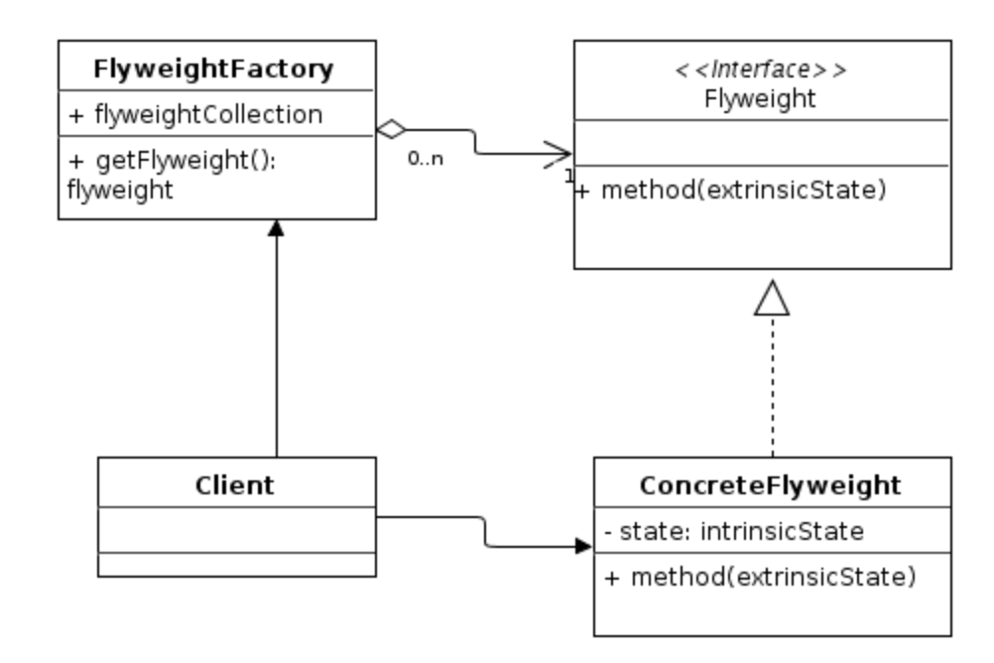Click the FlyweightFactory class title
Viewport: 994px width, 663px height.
point(213,69)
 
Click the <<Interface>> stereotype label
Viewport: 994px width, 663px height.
point(761,70)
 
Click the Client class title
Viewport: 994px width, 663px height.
point(236,485)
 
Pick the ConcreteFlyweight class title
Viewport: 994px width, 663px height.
point(770,485)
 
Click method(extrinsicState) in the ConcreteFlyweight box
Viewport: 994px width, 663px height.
point(759,576)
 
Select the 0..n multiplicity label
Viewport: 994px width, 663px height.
point(425,158)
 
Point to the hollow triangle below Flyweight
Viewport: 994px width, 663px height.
point(772,297)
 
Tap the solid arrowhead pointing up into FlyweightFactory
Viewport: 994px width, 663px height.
point(277,227)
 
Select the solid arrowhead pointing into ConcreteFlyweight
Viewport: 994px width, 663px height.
point(582,546)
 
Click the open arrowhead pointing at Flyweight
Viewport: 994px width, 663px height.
point(559,154)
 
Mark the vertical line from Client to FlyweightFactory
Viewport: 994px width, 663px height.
point(277,347)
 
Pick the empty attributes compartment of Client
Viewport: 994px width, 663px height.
point(236,530)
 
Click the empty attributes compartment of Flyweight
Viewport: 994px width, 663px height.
point(761,142)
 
